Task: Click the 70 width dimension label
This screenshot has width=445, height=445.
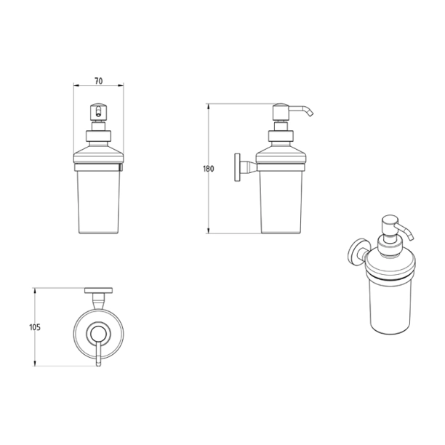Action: (98, 81)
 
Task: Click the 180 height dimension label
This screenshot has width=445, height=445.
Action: (208, 169)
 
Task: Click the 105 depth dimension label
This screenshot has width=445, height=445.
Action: (35, 327)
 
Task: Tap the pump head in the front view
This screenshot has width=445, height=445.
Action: (98, 112)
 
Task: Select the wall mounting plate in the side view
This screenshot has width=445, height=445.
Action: (237, 167)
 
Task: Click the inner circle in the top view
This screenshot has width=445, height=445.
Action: (98, 334)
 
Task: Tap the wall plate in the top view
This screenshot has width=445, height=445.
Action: (98, 290)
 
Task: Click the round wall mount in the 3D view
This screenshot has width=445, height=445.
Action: (357, 252)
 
